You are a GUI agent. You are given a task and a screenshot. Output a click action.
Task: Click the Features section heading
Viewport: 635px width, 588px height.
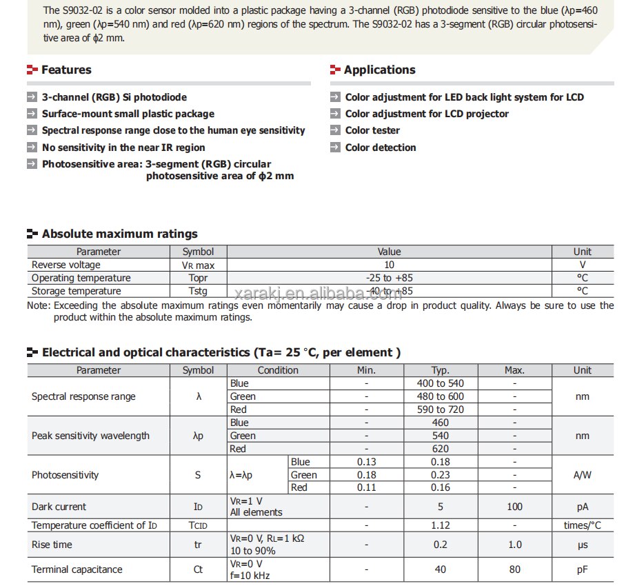(x=65, y=70)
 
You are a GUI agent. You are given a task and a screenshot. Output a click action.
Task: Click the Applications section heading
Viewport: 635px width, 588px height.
(x=379, y=70)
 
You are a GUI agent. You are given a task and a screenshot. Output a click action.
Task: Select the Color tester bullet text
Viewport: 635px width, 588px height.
(x=372, y=130)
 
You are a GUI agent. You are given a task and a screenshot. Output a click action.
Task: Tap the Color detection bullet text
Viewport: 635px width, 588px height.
(x=381, y=148)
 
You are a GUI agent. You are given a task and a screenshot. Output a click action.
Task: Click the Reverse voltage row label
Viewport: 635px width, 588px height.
(x=66, y=265)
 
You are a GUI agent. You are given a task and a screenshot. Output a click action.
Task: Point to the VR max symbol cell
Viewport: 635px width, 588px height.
(x=198, y=265)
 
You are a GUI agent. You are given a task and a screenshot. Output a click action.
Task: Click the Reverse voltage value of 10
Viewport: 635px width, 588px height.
(x=389, y=265)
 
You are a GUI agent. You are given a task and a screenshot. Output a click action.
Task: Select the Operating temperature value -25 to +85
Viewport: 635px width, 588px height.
(x=389, y=278)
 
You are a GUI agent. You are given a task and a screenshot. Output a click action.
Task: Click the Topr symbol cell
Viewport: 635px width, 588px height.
(x=198, y=278)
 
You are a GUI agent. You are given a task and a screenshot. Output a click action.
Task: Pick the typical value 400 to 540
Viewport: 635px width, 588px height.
(x=440, y=383)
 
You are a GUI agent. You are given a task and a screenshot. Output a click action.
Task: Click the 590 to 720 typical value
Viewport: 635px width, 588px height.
(x=440, y=409)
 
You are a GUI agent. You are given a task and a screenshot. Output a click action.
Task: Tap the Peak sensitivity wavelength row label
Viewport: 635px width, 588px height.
(x=90, y=436)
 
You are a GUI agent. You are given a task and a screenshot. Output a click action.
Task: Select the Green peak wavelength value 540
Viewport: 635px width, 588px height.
(x=440, y=436)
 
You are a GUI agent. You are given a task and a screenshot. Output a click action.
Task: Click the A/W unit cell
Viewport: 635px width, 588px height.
(x=582, y=475)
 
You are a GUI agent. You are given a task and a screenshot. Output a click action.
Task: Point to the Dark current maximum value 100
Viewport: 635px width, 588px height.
(x=514, y=507)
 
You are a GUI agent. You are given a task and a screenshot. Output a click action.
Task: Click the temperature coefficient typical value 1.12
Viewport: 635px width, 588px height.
(x=440, y=525)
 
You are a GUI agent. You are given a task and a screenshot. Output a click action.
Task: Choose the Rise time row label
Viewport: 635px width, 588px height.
(x=52, y=545)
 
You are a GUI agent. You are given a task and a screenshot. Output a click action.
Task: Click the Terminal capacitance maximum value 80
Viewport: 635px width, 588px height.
(x=514, y=569)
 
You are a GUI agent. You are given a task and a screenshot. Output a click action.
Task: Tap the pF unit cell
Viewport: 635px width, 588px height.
(x=582, y=569)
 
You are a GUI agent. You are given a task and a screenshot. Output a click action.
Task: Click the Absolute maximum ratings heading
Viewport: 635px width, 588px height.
(x=119, y=234)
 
